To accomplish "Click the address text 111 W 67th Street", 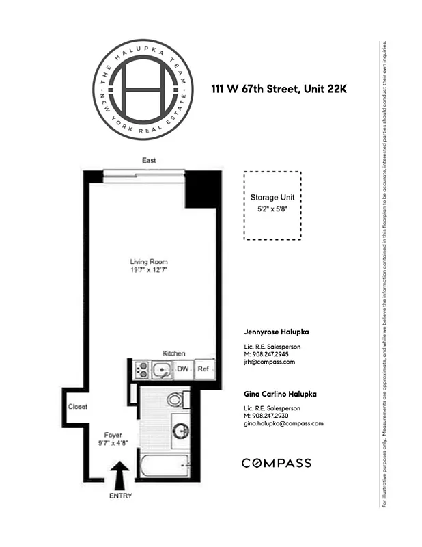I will [x=253, y=88].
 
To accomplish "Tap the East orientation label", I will [x=149, y=161].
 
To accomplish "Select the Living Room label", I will [x=149, y=262].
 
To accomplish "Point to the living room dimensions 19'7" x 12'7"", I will [x=149, y=271].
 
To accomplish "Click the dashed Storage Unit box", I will [x=272, y=205].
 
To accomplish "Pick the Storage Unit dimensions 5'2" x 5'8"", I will [x=272, y=210].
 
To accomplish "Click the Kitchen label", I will [x=173, y=353].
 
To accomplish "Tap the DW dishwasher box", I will [x=183, y=369].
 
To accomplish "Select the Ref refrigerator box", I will [x=203, y=369].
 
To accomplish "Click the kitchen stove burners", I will [x=143, y=370].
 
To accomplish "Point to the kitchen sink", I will [x=162, y=370].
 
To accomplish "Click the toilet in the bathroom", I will [x=176, y=399].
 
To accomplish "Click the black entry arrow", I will [x=120, y=472].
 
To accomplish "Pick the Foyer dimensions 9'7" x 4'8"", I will [x=112, y=442].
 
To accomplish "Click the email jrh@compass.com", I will [x=269, y=362].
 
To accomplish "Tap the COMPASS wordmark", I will [x=277, y=463].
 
